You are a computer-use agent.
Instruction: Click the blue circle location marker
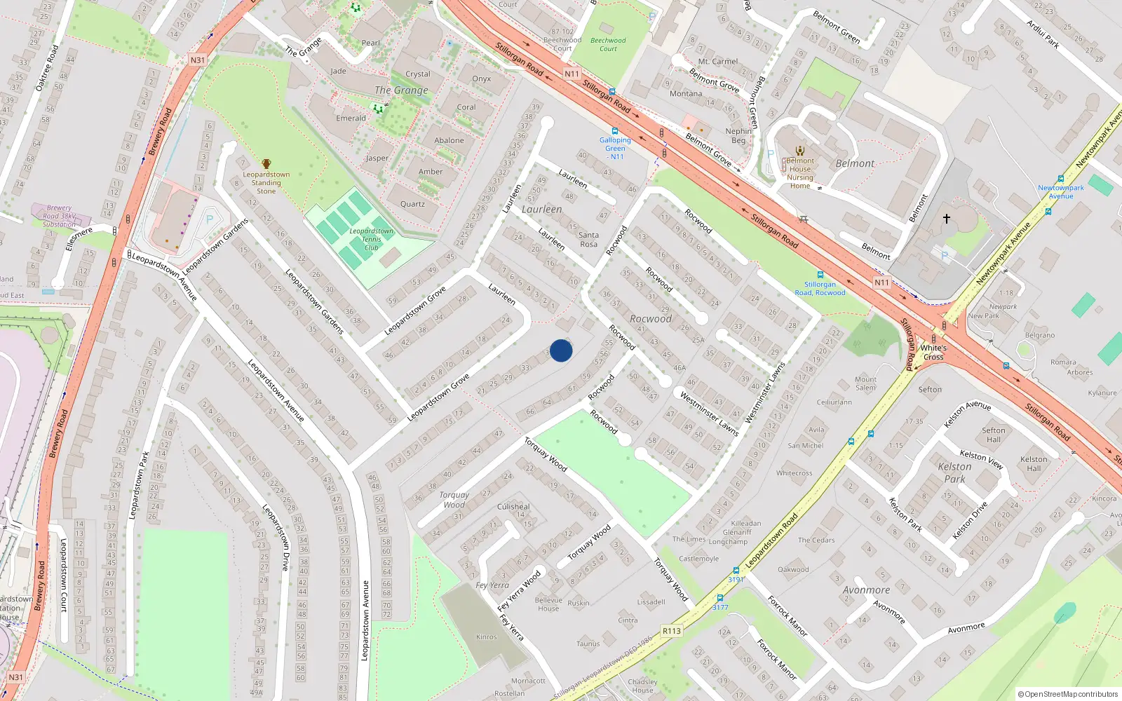tap(561, 350)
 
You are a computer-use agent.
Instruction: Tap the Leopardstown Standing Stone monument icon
tap(266, 164)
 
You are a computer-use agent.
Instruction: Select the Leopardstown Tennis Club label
tap(371, 239)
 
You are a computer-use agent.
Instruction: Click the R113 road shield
tap(671, 631)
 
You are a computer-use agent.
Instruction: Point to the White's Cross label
tap(933, 352)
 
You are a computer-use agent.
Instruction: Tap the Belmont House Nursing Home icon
tap(800, 150)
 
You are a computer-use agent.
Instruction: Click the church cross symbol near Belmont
tap(946, 219)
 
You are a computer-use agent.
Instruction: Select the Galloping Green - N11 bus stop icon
tap(615, 131)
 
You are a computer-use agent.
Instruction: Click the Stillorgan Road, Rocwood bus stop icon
tap(820, 275)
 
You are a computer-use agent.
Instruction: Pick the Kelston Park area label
tap(954, 472)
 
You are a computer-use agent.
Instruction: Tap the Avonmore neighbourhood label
tap(866, 590)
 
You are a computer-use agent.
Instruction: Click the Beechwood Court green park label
tap(608, 44)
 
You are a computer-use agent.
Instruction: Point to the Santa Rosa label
tap(588, 240)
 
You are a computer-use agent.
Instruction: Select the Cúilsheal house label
tap(513, 506)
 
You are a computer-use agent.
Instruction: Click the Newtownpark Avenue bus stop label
tap(1060, 191)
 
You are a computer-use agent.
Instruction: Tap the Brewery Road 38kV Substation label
tap(59, 216)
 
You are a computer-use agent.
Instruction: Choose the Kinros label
tap(486, 637)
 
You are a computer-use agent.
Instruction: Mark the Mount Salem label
tap(865, 383)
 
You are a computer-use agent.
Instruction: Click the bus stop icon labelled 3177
tap(719, 598)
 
